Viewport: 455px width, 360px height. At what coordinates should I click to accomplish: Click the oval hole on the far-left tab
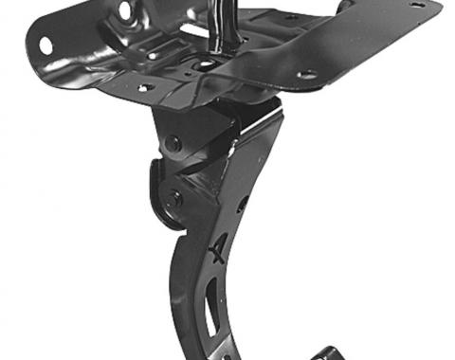(x=45, y=44)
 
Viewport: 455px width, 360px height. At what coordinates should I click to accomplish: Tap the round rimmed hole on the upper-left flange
(x=124, y=10)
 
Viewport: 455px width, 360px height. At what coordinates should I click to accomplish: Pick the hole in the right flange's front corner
(x=306, y=75)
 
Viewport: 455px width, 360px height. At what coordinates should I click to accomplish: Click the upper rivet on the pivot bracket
(x=173, y=144)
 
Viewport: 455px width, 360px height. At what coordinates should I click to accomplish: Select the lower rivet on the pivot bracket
(x=175, y=199)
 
